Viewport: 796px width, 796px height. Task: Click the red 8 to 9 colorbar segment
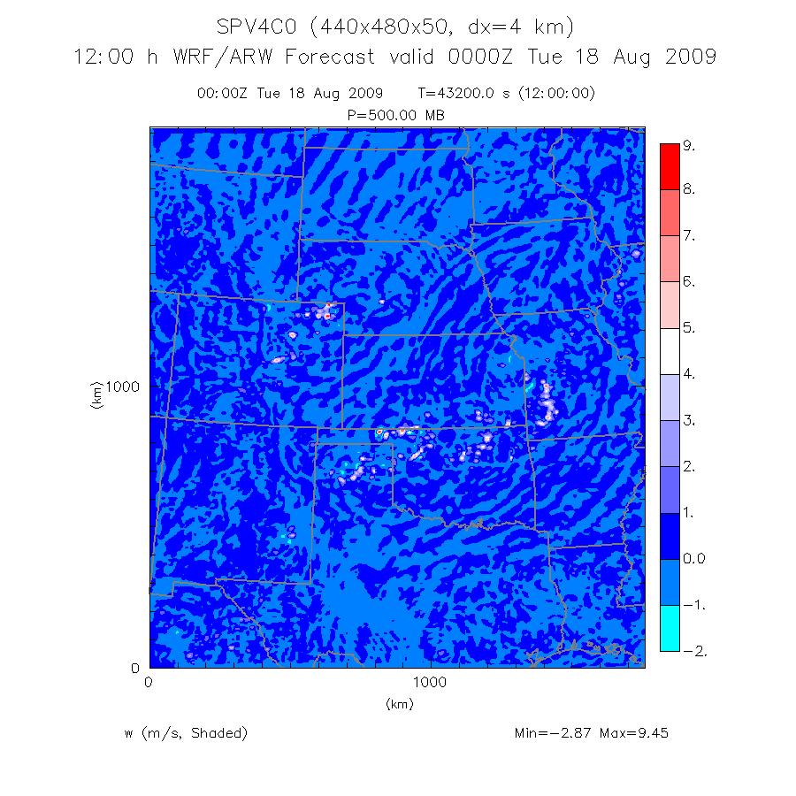point(670,166)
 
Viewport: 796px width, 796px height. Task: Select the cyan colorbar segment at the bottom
point(670,628)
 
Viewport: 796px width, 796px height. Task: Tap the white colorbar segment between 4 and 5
point(670,351)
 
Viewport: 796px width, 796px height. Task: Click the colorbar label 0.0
point(694,559)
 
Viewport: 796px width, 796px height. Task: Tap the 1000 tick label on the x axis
point(429,683)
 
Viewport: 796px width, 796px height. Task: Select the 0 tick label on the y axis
point(135,668)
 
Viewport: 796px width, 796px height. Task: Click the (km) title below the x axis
point(399,704)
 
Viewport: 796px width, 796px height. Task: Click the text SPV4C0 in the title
point(258,27)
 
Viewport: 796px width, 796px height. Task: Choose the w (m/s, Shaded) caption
point(186,733)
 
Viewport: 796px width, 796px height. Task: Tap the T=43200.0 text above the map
point(466,93)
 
